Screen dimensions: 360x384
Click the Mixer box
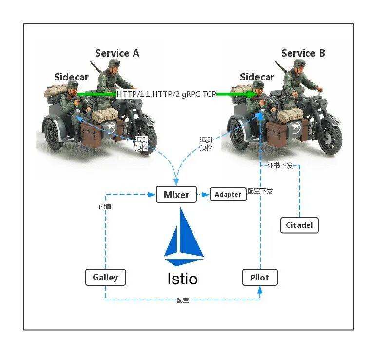coord(176,195)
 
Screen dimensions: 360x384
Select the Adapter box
coord(228,194)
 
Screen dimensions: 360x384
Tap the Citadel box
coord(299,225)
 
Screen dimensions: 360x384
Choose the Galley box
coord(105,277)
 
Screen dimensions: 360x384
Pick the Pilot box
coord(260,277)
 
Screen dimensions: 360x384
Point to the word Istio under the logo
coord(183,279)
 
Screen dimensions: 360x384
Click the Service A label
coord(117,53)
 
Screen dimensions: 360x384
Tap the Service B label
coord(303,53)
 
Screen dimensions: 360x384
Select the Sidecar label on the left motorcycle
coord(71,77)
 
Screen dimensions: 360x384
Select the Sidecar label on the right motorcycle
coord(257,77)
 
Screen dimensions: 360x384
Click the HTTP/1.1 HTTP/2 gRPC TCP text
coord(166,94)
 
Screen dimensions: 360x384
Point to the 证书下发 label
coord(280,166)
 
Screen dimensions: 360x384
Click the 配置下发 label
coord(260,191)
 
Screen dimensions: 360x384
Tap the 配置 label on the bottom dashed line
coord(183,300)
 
